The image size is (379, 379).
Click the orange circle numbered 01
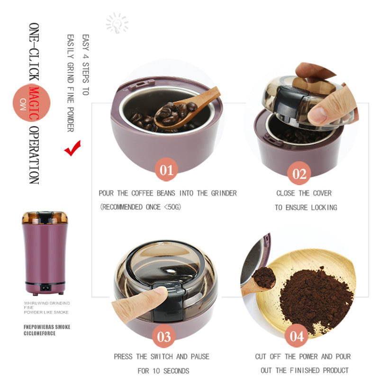point(166,170)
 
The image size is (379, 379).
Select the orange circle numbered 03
point(164,336)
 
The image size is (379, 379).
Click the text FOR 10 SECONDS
point(163,370)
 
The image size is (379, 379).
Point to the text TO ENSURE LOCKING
point(306,208)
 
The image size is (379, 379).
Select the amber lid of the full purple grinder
point(45,218)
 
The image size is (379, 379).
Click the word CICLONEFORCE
point(40,333)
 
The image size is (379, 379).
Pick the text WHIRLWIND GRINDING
point(47,303)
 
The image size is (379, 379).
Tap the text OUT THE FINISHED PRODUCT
point(305,370)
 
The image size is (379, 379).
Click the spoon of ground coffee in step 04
point(263,278)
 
